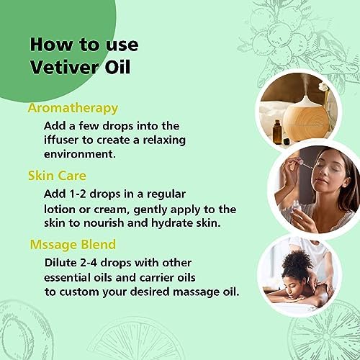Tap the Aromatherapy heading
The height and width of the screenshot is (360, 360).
click(x=73, y=109)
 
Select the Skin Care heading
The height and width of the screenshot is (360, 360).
click(x=57, y=176)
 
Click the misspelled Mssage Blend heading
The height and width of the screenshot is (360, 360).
click(x=73, y=245)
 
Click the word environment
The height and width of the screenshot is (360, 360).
click(x=80, y=154)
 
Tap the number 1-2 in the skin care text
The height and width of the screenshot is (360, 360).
click(x=76, y=194)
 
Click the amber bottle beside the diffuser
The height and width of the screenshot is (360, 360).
click(x=276, y=132)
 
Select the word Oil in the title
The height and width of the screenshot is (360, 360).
click(x=117, y=67)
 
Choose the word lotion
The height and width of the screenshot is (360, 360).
click(x=60, y=210)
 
